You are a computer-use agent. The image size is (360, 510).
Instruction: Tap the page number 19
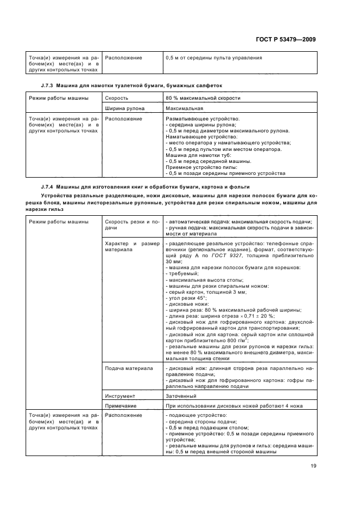click(313, 465)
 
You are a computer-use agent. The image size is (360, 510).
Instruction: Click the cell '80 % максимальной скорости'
click(203, 98)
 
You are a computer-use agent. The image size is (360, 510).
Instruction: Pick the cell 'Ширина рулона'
click(123, 108)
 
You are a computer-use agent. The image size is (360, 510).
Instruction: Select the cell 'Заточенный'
click(182, 396)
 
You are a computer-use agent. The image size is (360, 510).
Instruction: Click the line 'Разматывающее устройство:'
click(203, 119)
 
